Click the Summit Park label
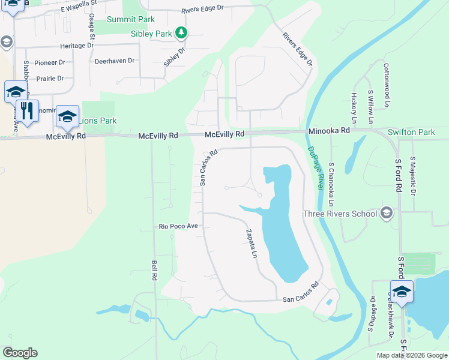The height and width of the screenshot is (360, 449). pyautogui.click(x=130, y=19)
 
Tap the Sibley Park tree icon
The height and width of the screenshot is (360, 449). pyautogui.click(x=181, y=33)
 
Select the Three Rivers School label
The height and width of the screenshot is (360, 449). pyautogui.click(x=340, y=214)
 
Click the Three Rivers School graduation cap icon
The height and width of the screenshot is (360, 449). pyautogui.click(x=387, y=213)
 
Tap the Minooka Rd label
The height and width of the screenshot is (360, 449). pyautogui.click(x=329, y=130)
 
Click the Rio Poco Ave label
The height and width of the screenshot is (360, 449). pyautogui.click(x=178, y=226)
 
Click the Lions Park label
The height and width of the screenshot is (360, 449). pyautogui.click(x=99, y=121)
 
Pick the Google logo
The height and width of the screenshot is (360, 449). pyautogui.click(x=20, y=353)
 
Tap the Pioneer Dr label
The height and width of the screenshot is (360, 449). pyautogui.click(x=50, y=62)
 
